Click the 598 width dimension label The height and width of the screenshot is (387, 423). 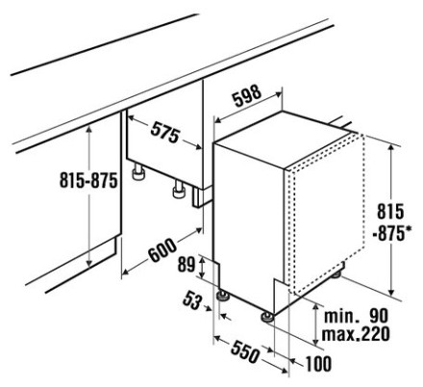click(247, 96)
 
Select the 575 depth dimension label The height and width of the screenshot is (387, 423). click(164, 132)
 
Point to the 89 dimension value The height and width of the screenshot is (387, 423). click(187, 265)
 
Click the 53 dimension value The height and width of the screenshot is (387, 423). click(192, 301)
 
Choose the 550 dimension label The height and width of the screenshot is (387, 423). click(244, 351)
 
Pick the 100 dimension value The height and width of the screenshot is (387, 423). click(318, 364)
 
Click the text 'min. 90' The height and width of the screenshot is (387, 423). click(356, 316)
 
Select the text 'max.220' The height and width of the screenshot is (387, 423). click(356, 334)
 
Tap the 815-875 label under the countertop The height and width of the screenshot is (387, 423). click(88, 180)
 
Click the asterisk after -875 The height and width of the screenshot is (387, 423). click(408, 230)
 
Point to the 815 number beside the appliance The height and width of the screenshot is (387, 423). click(390, 212)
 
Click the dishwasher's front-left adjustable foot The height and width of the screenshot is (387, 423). click(222, 296)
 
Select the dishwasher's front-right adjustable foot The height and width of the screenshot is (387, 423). click(266, 316)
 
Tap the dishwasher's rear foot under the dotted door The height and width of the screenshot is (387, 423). click(336, 273)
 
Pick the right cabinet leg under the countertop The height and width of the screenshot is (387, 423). click(179, 190)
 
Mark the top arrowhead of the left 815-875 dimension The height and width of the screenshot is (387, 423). click(89, 129)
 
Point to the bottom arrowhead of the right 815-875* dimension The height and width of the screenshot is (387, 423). click(390, 292)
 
